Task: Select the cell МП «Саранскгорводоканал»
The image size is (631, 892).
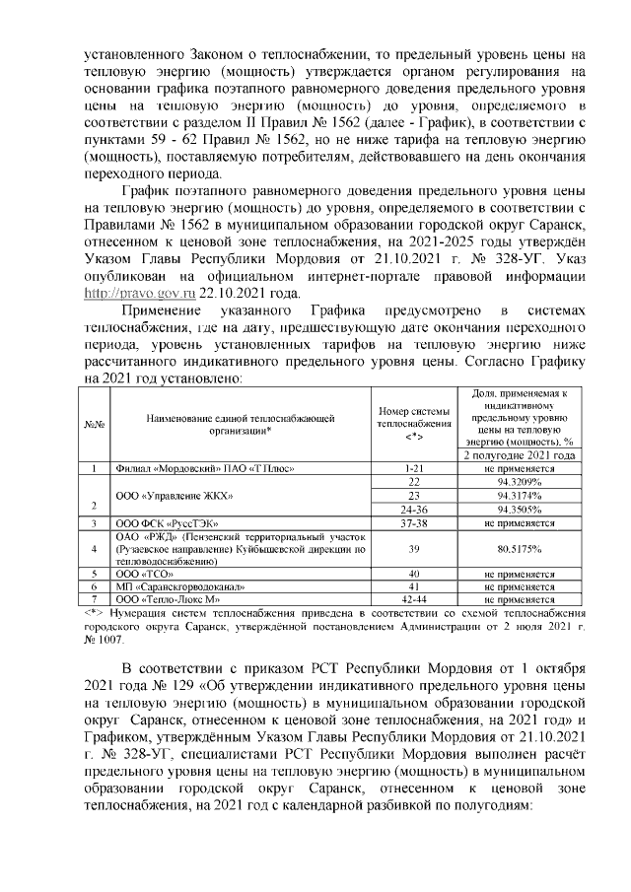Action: (x=174, y=585)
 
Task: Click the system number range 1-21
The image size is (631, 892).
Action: (x=414, y=468)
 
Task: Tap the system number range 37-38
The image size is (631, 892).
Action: (x=414, y=521)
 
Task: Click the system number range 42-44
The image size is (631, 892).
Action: (x=414, y=598)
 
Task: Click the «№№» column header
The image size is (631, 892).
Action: (x=100, y=424)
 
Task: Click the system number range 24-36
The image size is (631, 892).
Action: (x=414, y=509)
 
